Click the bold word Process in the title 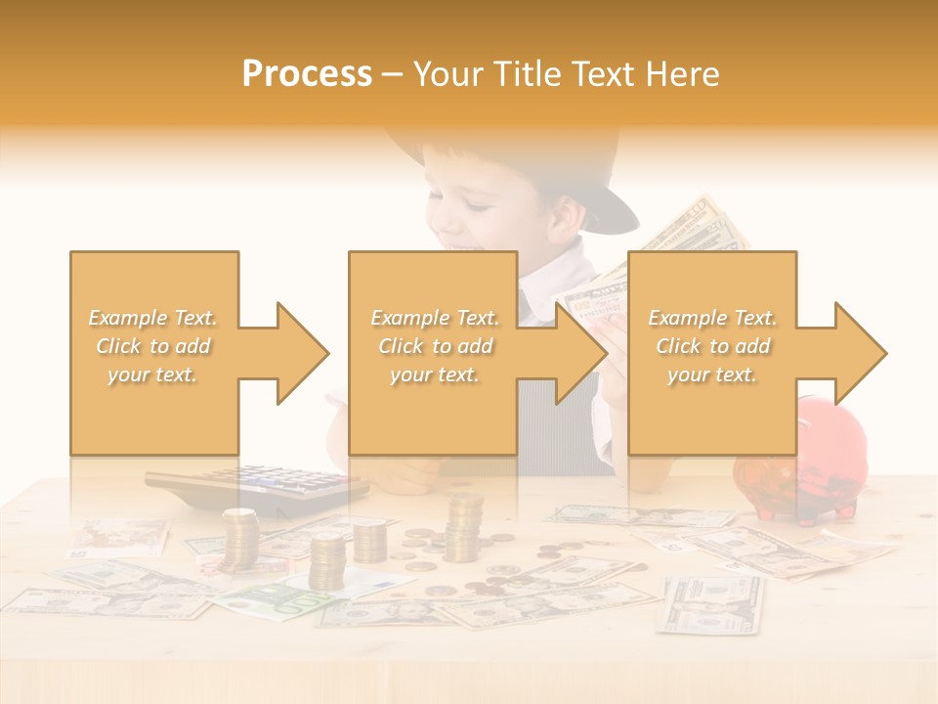tap(307, 74)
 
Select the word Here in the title tap(683, 74)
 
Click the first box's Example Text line tap(153, 318)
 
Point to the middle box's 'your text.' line tap(434, 374)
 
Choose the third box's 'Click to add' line tap(712, 346)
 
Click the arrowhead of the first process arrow tap(302, 353)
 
